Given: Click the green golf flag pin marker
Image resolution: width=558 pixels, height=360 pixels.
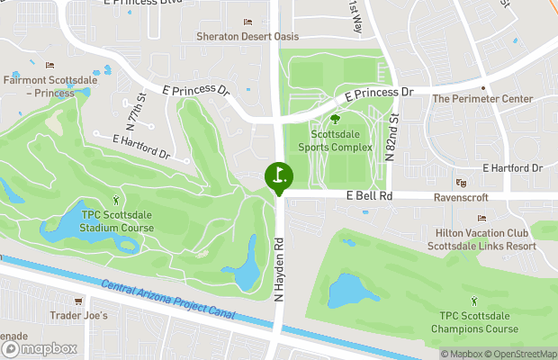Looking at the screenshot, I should tap(279, 175).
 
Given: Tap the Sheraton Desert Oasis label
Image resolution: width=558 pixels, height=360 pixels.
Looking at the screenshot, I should tap(247, 37).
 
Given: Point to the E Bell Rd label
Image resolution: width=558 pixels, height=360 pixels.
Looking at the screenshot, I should tap(369, 195).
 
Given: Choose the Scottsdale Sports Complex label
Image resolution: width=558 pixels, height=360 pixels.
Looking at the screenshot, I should tap(335, 139).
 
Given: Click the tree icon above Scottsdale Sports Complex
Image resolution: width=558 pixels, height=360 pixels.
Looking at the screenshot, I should tap(335, 119).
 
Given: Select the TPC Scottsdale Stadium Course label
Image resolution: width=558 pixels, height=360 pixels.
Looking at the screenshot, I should tap(116, 221).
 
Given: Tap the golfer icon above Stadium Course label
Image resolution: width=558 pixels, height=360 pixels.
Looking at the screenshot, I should tap(115, 200).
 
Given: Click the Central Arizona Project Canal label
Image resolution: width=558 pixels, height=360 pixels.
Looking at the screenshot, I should tap(168, 301).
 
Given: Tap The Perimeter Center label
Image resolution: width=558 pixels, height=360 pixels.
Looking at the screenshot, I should tap(482, 99).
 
